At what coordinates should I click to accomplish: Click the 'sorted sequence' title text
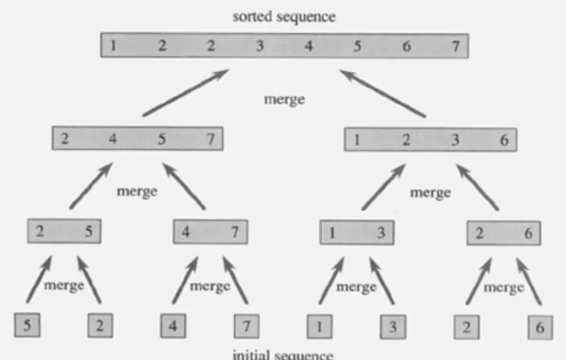[284, 17]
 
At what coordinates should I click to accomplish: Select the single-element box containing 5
[27, 325]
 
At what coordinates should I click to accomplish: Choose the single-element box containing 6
[540, 326]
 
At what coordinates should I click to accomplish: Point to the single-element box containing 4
[173, 325]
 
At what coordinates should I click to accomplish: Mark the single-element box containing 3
[393, 326]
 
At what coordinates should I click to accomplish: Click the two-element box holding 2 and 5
[63, 231]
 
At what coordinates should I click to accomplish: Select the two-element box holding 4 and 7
[210, 232]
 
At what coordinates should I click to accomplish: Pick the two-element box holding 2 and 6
[503, 233]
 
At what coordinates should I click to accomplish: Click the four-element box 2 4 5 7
[138, 140]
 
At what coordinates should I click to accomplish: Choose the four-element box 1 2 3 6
[430, 140]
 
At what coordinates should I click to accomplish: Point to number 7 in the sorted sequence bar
[456, 46]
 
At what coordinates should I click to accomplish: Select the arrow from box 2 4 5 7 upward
[185, 93]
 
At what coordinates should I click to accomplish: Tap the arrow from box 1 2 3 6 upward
[385, 93]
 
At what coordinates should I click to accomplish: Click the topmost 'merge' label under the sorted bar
[284, 99]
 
